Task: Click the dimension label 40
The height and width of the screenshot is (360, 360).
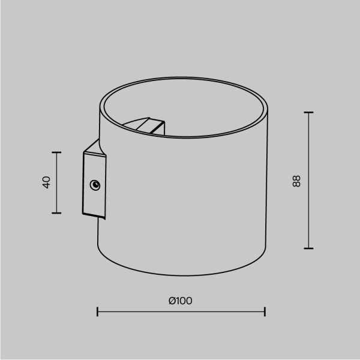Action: (x=46, y=183)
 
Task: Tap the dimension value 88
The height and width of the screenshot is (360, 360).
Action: (x=296, y=181)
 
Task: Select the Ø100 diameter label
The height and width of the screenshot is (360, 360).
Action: (x=181, y=301)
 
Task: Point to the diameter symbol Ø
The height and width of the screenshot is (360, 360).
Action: (x=172, y=301)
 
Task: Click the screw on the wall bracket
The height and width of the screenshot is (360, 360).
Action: (x=95, y=185)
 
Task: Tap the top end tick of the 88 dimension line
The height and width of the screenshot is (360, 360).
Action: (x=309, y=112)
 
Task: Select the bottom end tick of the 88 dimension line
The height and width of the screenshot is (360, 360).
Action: (x=309, y=248)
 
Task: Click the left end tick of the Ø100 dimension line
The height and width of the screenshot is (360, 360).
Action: (x=97, y=311)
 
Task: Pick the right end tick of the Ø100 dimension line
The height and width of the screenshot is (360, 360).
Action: (x=265, y=311)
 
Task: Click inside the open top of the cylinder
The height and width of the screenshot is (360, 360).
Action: (x=198, y=108)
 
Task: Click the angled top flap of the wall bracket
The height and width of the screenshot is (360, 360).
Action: (x=94, y=146)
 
